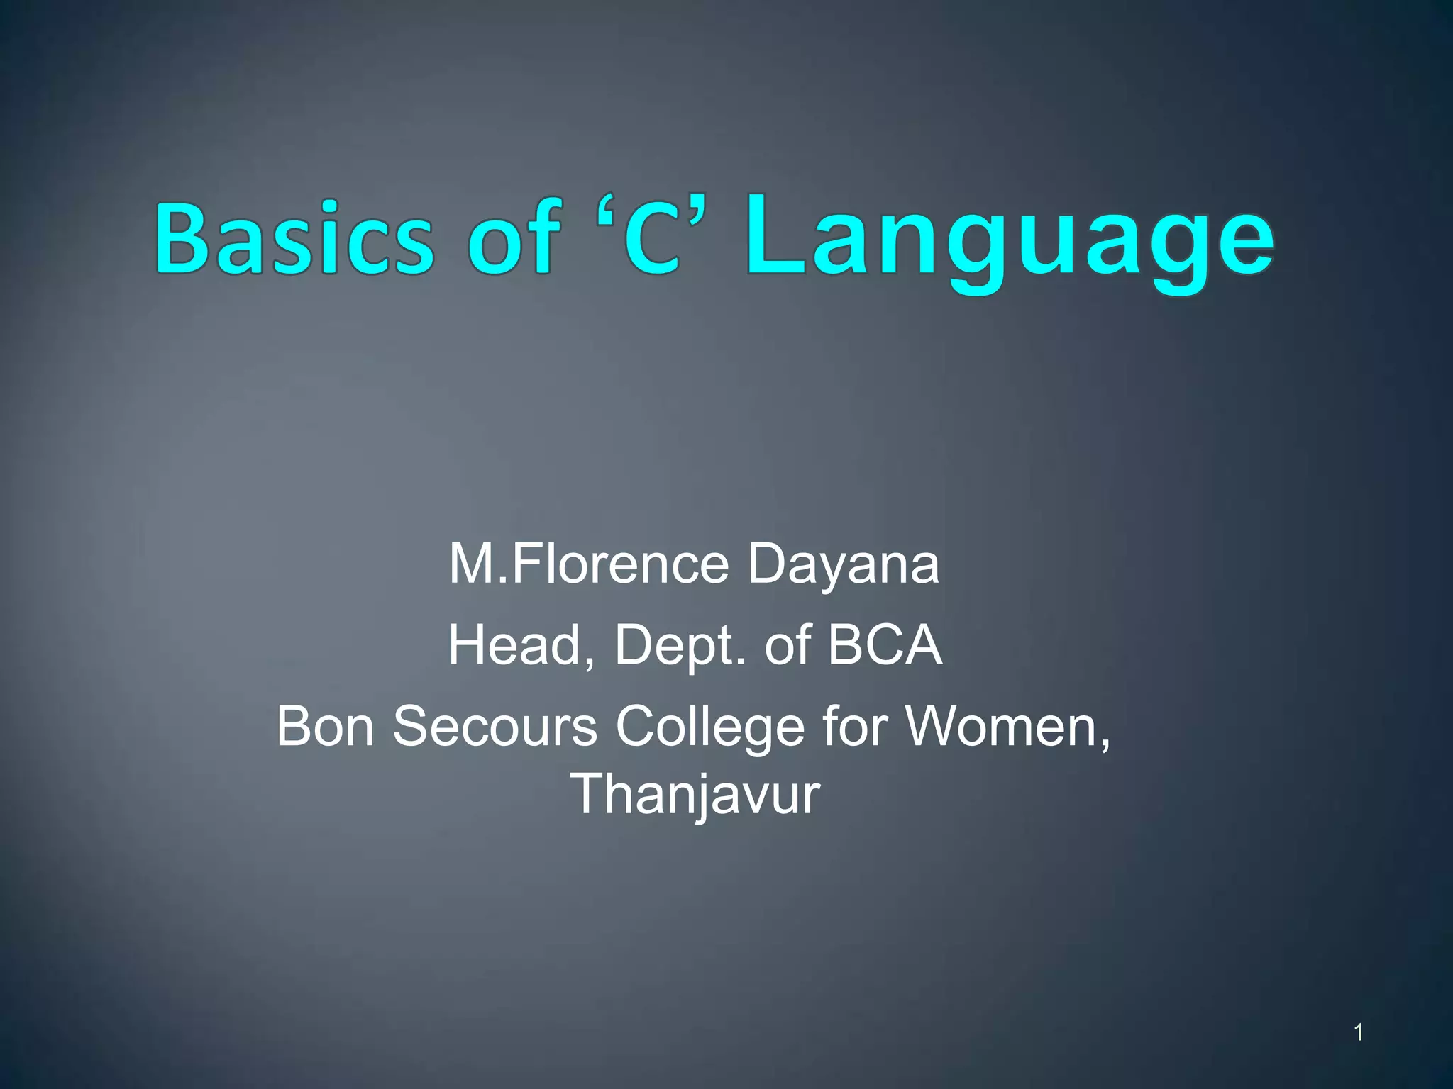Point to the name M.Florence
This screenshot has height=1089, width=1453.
tap(588, 564)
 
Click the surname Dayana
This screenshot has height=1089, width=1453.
tap(844, 566)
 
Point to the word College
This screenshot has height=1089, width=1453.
tap(710, 727)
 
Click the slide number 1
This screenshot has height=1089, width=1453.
tap(1358, 1032)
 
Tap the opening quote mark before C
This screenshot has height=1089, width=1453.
tap(608, 212)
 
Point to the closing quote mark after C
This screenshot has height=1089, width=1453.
tap(698, 212)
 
